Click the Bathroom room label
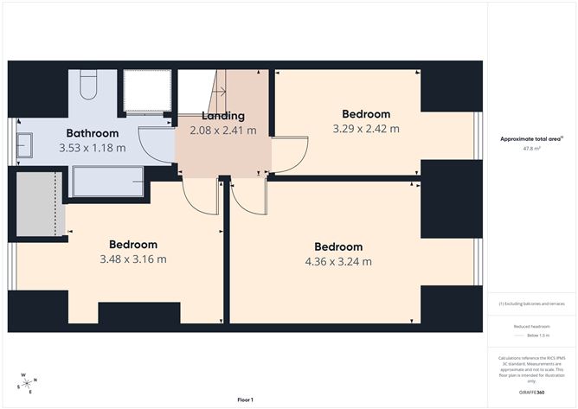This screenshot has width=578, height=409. [x=93, y=133]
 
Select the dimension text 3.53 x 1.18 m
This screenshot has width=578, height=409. [x=93, y=148]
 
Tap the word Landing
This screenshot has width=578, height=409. [x=223, y=116]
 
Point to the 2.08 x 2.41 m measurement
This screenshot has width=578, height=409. [x=223, y=131]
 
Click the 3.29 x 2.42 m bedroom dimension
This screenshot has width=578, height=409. [x=366, y=129]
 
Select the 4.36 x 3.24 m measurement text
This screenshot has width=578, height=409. [x=338, y=261]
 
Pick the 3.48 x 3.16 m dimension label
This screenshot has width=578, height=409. [x=133, y=259]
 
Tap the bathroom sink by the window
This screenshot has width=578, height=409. [x=23, y=144]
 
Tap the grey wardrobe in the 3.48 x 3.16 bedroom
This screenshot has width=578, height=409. [x=37, y=204]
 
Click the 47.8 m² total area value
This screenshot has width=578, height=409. [x=530, y=149]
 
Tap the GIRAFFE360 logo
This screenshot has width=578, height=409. [x=530, y=393]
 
